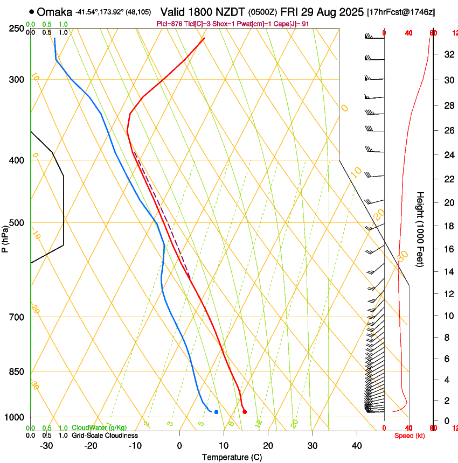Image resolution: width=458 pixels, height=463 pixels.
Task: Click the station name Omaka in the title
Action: tap(56, 11)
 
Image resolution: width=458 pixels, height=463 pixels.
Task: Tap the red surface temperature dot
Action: tap(245, 412)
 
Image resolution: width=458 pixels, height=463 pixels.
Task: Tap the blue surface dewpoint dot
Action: tap(216, 412)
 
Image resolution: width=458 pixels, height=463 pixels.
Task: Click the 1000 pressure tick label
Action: tap(14, 418)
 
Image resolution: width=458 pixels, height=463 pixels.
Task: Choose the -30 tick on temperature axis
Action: tap(46, 445)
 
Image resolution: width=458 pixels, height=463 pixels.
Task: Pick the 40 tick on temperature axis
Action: tap(356, 445)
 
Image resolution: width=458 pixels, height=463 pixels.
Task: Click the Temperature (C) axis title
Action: tap(232, 457)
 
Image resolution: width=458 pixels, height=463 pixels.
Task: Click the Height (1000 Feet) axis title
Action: tap(421, 229)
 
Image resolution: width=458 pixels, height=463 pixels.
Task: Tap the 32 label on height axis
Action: tap(448, 54)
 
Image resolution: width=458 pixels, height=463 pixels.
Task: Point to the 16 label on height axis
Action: tap(448, 249)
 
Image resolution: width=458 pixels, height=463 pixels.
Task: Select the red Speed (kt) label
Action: tap(408, 436)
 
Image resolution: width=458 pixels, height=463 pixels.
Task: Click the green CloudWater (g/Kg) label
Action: tap(99, 427)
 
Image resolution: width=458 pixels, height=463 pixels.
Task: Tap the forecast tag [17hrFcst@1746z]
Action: tap(401, 12)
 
